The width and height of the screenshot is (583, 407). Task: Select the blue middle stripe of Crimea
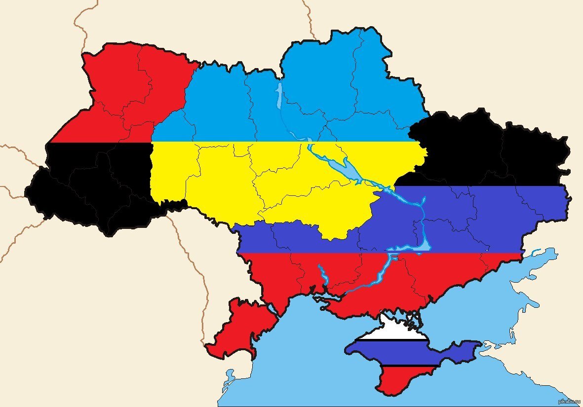pyautogui.click(x=395, y=353)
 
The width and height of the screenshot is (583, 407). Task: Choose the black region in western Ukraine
pyautogui.click(x=89, y=187)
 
